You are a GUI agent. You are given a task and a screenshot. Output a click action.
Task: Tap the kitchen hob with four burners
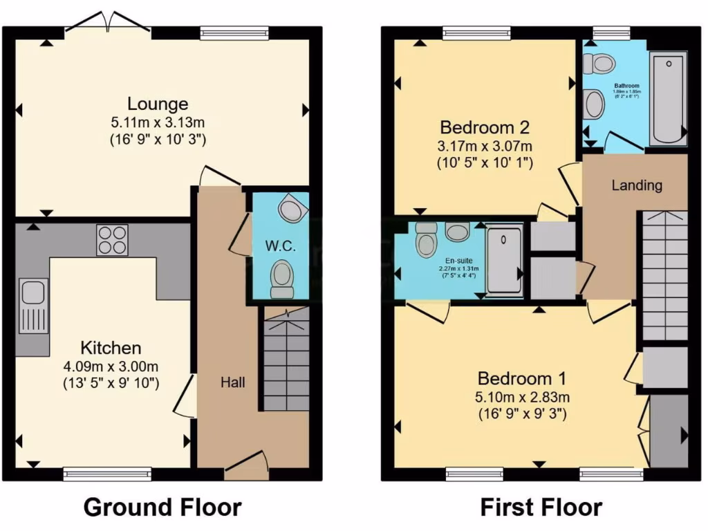click(112, 240)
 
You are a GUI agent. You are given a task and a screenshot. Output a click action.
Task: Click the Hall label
click(232, 382)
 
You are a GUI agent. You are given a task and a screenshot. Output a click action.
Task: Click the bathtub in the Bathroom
click(667, 100)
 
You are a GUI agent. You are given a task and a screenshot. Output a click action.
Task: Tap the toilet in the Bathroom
click(599, 64)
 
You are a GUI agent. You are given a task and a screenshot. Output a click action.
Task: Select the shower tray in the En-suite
click(503, 260)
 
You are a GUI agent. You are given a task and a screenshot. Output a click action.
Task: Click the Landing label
click(637, 185)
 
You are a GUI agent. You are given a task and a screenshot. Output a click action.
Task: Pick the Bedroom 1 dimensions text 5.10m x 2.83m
click(523, 398)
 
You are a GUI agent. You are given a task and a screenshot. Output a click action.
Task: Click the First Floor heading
click(541, 507)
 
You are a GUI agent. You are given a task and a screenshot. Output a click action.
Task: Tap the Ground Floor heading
click(162, 507)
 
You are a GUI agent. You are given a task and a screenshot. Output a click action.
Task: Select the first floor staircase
click(664, 277)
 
